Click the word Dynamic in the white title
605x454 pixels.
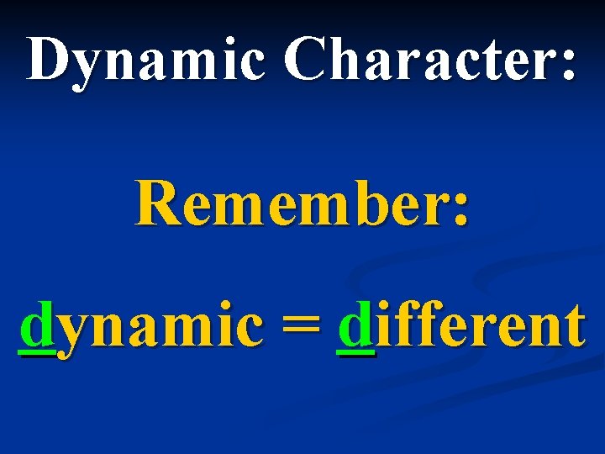tap(145, 60)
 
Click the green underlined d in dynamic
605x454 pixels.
tap(37, 326)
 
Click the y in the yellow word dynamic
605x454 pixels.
tap(75, 332)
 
